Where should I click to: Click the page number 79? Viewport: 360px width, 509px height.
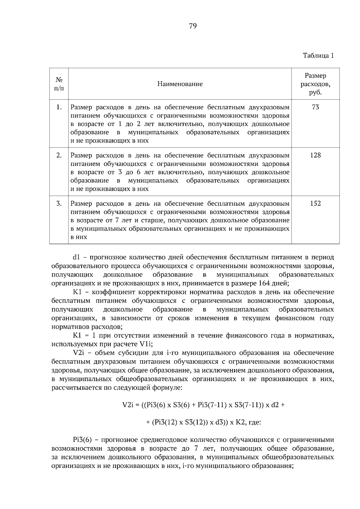(193, 26)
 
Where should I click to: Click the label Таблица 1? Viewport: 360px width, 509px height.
(318, 56)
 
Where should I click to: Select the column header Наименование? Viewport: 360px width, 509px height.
(180, 84)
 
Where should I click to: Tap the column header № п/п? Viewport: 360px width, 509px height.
(59, 84)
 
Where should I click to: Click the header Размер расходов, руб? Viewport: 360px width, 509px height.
(315, 84)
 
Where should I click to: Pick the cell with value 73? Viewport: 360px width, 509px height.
(315, 107)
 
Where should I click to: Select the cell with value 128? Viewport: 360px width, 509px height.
(315, 155)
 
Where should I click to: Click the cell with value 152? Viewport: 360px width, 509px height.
(315, 204)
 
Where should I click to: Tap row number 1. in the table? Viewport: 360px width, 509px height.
(59, 107)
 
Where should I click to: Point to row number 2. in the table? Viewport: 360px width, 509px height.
(59, 155)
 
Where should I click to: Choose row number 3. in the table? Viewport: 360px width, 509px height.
(59, 204)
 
